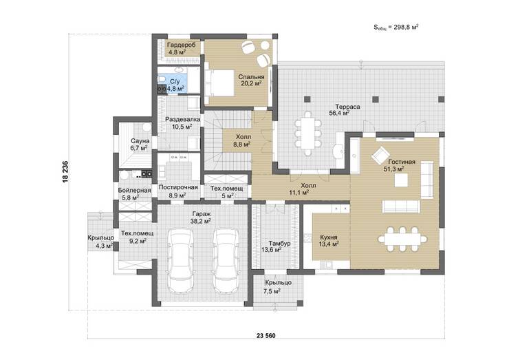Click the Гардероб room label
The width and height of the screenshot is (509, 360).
(x=182, y=45)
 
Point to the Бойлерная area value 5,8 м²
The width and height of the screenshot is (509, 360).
(x=131, y=198)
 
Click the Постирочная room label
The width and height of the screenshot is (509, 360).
(x=178, y=187)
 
